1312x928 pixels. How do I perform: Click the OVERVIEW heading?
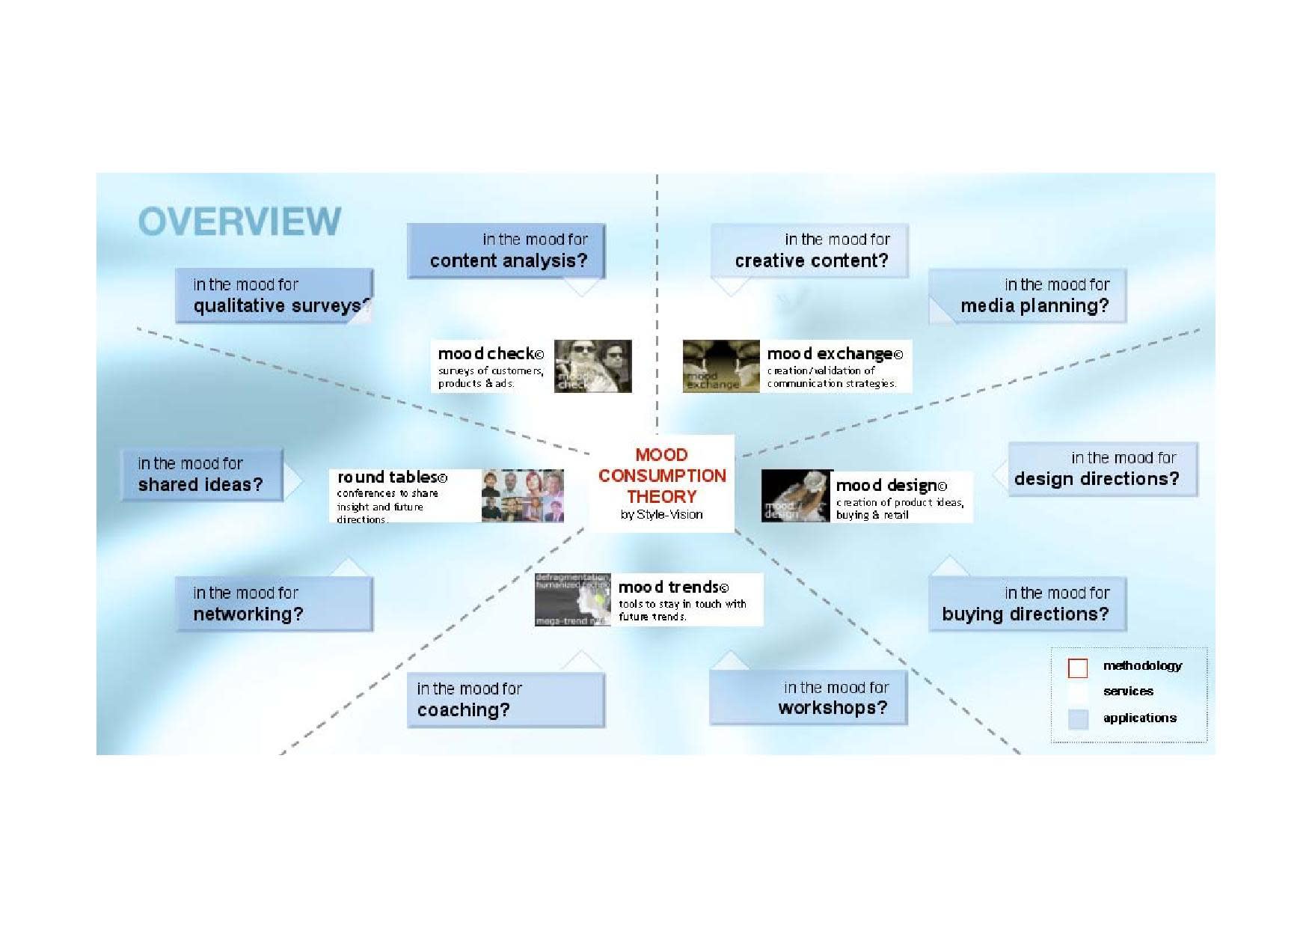[239, 221]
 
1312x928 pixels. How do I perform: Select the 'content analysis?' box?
[506, 251]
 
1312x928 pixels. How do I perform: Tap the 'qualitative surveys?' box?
[274, 296]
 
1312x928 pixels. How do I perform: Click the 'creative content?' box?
[810, 251]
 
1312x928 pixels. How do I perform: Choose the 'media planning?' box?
[1028, 296]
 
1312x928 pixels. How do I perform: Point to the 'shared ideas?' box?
[201, 474]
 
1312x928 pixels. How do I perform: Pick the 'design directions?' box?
[1103, 469]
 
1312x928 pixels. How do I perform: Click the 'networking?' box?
[274, 604]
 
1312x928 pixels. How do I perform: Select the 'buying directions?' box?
[1028, 604]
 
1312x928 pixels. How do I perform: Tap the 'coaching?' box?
[506, 700]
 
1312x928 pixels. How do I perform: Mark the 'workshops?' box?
[809, 698]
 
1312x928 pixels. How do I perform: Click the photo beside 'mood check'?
[592, 366]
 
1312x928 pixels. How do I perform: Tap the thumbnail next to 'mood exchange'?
[721, 366]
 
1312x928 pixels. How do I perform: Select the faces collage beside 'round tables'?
[522, 495]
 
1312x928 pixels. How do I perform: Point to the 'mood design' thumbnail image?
[797, 495]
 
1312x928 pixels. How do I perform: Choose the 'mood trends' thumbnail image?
[573, 599]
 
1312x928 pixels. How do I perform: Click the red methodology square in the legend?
[1078, 668]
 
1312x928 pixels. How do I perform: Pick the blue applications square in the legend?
[1078, 719]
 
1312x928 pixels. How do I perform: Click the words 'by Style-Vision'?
[662, 515]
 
